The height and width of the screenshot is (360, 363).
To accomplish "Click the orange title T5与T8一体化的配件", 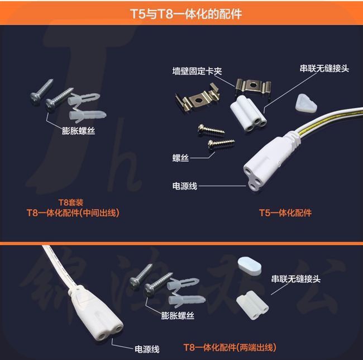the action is [186, 13].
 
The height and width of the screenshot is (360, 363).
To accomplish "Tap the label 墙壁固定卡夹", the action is [197, 71].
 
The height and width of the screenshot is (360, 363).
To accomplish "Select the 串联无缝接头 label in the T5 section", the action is [324, 68].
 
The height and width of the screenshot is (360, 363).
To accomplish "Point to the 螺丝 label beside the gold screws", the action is [180, 158].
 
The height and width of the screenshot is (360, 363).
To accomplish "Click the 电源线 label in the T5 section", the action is [185, 186].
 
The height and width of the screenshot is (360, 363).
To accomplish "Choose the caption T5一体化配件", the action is [285, 212].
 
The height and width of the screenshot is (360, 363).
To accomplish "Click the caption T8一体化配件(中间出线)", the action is [73, 212].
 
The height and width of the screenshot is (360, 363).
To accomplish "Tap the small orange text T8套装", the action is [70, 202].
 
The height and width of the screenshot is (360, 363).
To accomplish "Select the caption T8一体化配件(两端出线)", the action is [230, 347].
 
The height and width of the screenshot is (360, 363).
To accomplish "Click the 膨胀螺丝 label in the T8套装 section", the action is [79, 131].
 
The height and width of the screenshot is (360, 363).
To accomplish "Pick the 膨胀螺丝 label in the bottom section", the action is [178, 315].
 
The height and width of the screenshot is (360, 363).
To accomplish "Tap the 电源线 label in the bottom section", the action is [147, 349].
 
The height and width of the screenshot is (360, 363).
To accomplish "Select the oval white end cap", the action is [250, 266].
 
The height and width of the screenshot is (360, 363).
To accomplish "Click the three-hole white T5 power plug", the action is [271, 162].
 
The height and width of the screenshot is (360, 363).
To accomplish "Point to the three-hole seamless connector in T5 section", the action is [248, 113].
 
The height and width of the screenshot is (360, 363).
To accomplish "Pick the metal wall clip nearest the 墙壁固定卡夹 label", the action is [253, 86].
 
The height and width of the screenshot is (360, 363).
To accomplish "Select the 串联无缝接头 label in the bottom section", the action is [296, 279].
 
